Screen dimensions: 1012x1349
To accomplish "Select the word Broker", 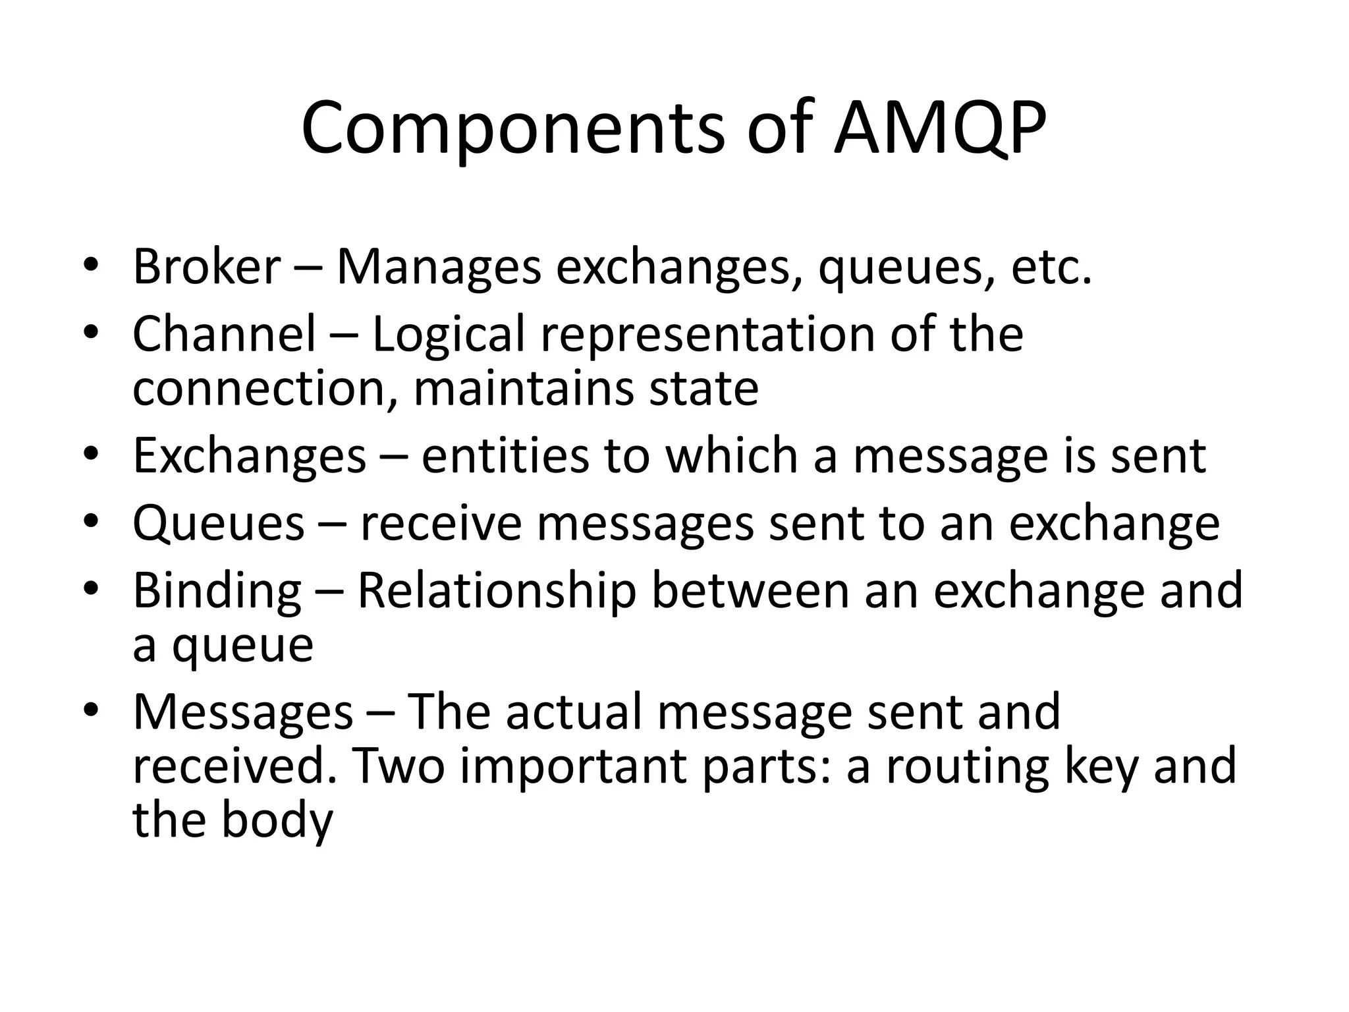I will click(x=207, y=267).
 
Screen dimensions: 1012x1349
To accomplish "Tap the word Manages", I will click(x=439, y=267).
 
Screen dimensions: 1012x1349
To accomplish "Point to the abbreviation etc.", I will click(x=1051, y=267).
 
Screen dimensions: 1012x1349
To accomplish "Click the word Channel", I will click(x=225, y=334).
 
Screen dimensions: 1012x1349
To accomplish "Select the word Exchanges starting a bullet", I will click(x=249, y=456).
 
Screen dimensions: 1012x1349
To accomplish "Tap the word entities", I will click(x=505, y=456).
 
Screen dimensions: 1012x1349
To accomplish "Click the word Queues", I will click(x=219, y=524).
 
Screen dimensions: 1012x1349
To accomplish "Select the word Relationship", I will click(x=497, y=592).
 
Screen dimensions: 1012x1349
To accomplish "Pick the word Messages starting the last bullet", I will click(x=243, y=713).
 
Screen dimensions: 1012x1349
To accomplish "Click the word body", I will click(x=277, y=821).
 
